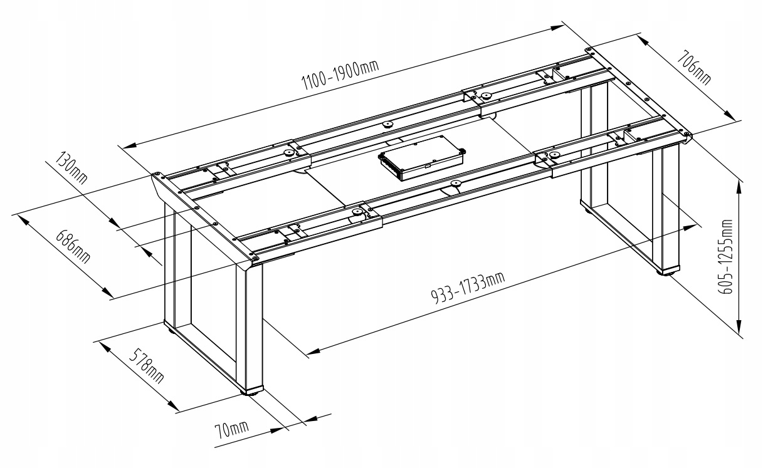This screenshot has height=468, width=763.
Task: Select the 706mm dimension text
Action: (x=693, y=68)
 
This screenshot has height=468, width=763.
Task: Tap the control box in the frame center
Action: (x=422, y=159)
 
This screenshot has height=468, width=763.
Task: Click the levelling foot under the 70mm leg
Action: (x=252, y=393)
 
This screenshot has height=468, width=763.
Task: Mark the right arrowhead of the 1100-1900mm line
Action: (x=559, y=27)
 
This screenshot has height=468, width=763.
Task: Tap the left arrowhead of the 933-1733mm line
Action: (x=312, y=353)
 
